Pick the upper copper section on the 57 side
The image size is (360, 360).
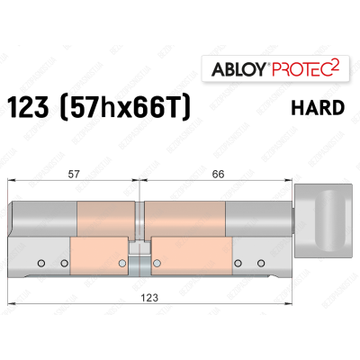106,218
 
